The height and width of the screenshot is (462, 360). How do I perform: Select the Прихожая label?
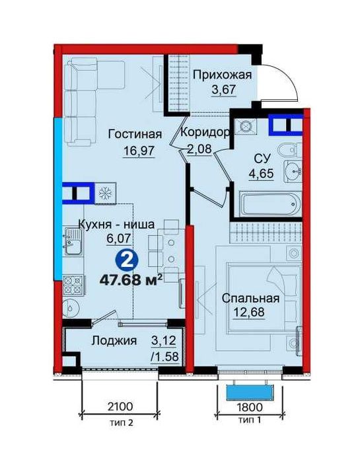point(222,75)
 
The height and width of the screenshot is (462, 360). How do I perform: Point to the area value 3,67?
point(223,91)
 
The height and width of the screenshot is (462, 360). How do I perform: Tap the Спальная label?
point(250,299)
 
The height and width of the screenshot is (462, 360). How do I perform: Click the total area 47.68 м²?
point(131,278)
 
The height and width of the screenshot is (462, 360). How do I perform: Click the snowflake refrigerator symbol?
point(104,193)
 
